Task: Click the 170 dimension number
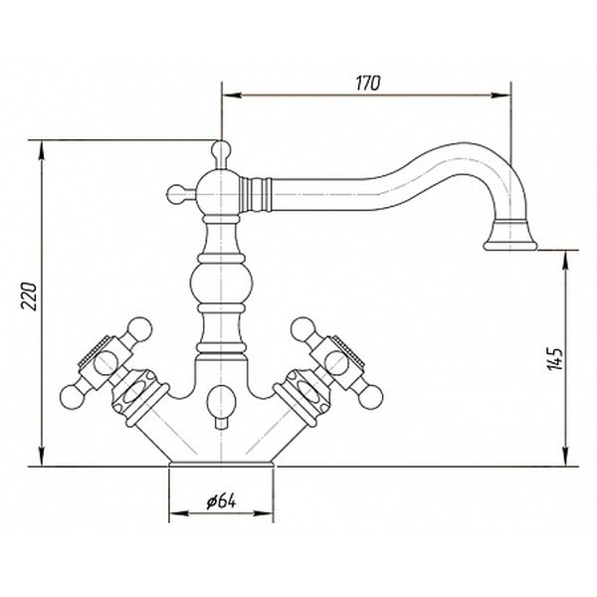click(x=368, y=84)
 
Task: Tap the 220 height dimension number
click(x=29, y=297)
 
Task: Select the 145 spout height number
click(x=554, y=358)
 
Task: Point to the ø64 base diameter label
click(x=221, y=501)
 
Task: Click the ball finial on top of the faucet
click(x=221, y=149)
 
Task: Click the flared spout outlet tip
click(x=510, y=245)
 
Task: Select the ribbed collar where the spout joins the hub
click(x=255, y=194)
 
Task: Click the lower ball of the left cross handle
click(x=72, y=397)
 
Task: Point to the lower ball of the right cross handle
click(x=371, y=397)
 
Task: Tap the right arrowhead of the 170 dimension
click(x=500, y=96)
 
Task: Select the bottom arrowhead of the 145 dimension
click(x=566, y=456)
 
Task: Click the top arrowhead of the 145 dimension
click(x=566, y=261)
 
